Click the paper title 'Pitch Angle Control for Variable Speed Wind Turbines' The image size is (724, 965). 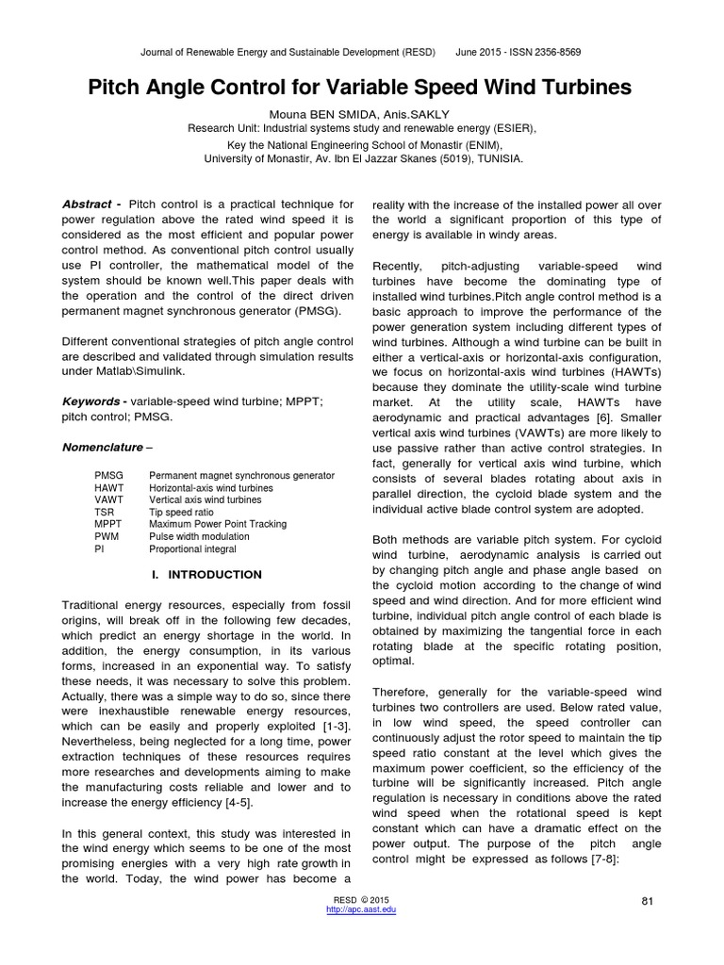(x=360, y=89)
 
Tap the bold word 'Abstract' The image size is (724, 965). (x=86, y=204)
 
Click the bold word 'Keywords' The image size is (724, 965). (x=92, y=401)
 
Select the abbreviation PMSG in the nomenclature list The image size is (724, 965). (x=109, y=476)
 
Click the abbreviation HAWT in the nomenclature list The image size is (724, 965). (x=109, y=488)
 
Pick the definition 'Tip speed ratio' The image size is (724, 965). (x=181, y=512)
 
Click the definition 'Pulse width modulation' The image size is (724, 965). (x=197, y=536)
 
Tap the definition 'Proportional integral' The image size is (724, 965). (x=192, y=548)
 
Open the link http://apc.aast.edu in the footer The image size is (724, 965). (x=361, y=909)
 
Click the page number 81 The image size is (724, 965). (x=647, y=901)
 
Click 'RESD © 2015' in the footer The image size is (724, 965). (x=361, y=900)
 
